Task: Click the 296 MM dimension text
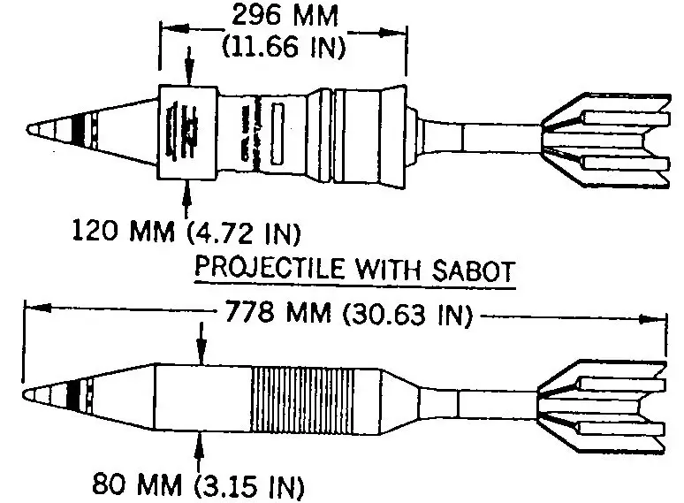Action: tap(285, 16)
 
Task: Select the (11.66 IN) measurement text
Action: tap(284, 46)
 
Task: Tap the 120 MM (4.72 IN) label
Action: tap(186, 232)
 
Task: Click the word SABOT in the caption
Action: tap(474, 271)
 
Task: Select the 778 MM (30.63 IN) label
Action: tap(349, 313)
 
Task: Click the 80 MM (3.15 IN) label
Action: tap(198, 484)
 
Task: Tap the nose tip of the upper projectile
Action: tap(28, 130)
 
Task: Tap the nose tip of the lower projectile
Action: tap(24, 394)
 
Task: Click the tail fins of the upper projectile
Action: tap(605, 141)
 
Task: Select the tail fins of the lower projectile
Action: tap(602, 406)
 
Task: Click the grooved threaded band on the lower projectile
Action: tap(302, 400)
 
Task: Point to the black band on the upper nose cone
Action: tap(77, 130)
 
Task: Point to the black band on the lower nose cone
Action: tap(74, 395)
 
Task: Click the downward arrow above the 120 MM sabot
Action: tap(188, 65)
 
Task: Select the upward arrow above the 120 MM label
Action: tap(187, 199)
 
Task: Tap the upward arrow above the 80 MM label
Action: tap(199, 452)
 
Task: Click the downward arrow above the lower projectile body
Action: tap(201, 343)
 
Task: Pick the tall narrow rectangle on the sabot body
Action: tap(277, 133)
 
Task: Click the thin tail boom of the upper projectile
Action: tap(502, 137)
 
